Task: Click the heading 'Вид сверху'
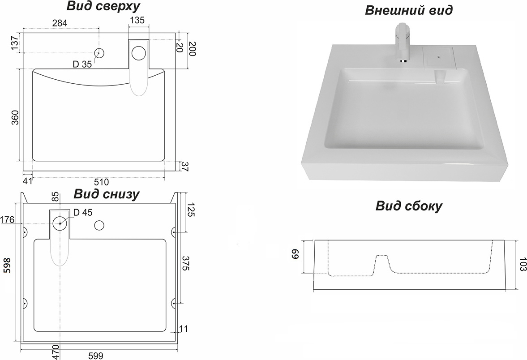click(x=103, y=6)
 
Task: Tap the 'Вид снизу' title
click(x=107, y=194)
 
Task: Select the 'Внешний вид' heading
click(x=408, y=10)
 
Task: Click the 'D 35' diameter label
click(x=82, y=64)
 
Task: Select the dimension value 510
click(x=102, y=182)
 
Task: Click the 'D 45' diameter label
click(x=82, y=213)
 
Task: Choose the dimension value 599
click(x=95, y=356)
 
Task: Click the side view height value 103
click(x=522, y=265)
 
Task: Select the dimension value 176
click(x=8, y=220)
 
